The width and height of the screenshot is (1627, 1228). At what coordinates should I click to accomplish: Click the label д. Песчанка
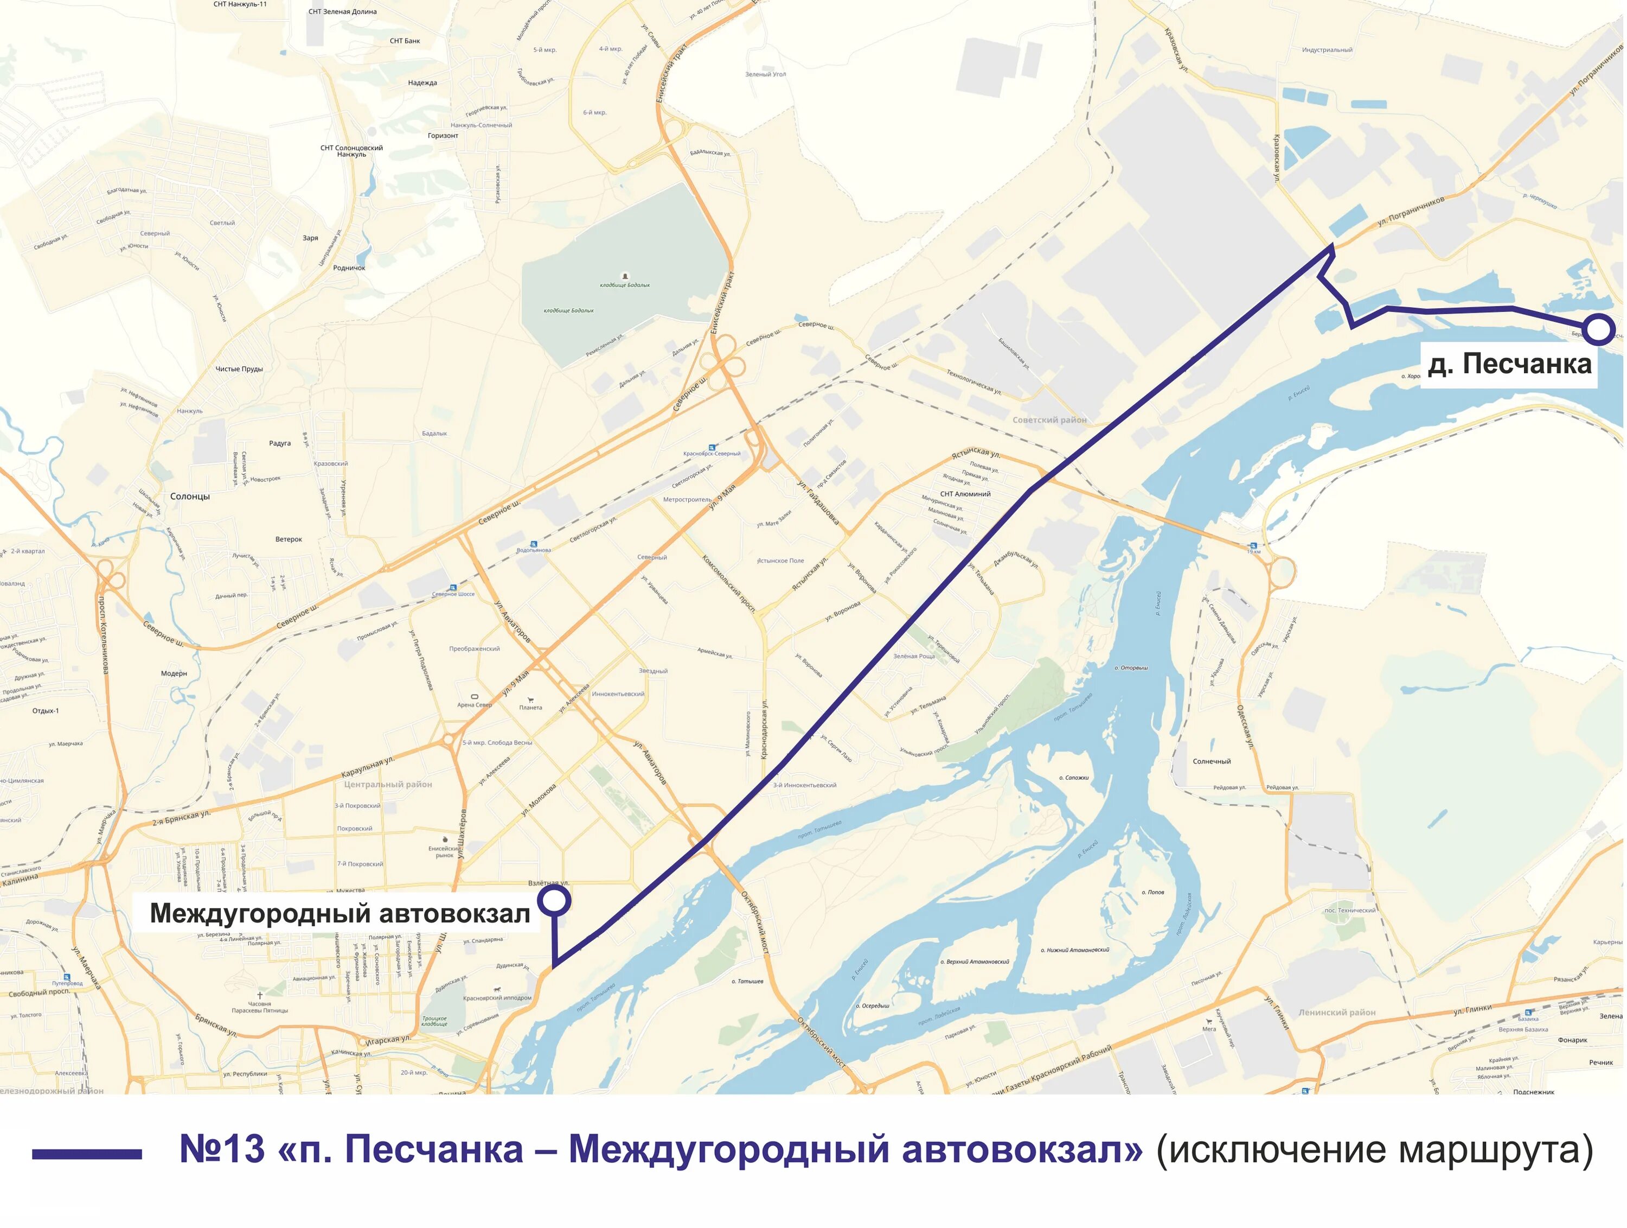[x=1509, y=364]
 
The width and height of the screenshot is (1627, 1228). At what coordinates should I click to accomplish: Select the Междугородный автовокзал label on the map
[x=340, y=913]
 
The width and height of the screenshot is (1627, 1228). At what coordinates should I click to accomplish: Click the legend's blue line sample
[x=87, y=1154]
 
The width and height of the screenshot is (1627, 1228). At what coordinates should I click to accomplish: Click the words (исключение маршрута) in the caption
[x=1374, y=1149]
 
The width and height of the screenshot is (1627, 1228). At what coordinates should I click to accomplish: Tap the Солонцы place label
[x=190, y=497]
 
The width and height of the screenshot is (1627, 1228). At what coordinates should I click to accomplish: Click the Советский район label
[x=1049, y=420]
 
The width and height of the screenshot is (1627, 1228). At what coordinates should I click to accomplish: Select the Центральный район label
[x=388, y=784]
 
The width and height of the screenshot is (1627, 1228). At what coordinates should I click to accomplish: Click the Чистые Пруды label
[x=239, y=370]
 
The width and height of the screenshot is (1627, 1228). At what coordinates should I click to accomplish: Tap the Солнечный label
[x=1212, y=761]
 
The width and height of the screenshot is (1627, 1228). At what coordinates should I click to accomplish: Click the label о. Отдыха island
[x=1131, y=668]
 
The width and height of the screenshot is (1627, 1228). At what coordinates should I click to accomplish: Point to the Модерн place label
[x=174, y=673]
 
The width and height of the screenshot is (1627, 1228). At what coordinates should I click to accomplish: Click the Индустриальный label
[x=1327, y=50]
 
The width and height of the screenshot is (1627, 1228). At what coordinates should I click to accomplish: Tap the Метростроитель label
[x=687, y=500]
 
